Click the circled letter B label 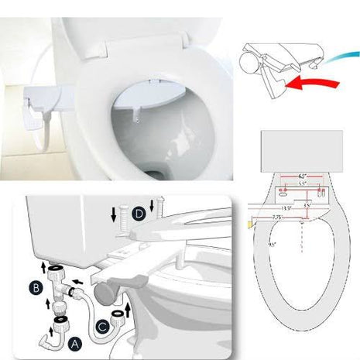(x=36, y=288)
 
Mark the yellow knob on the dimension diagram (x=249, y=224)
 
